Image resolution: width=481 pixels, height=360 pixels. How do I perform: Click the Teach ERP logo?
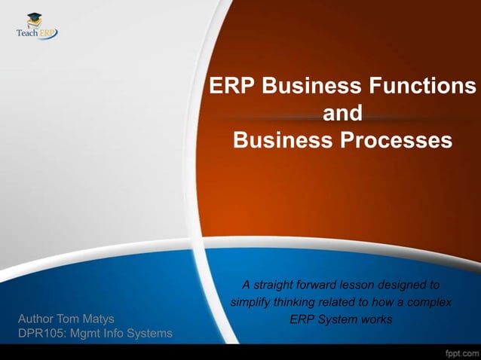point(37,27)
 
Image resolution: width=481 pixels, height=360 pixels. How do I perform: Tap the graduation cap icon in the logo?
point(35,19)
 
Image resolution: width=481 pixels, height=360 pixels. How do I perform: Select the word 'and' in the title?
point(342,114)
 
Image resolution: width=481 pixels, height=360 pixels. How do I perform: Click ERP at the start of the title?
point(231,86)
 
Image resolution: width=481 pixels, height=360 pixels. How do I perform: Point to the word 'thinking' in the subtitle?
point(297,303)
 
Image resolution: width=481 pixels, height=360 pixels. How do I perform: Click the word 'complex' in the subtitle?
point(430,303)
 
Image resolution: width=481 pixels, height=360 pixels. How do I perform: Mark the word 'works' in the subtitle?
point(377,320)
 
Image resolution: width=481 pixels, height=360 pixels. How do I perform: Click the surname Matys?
point(100,319)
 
